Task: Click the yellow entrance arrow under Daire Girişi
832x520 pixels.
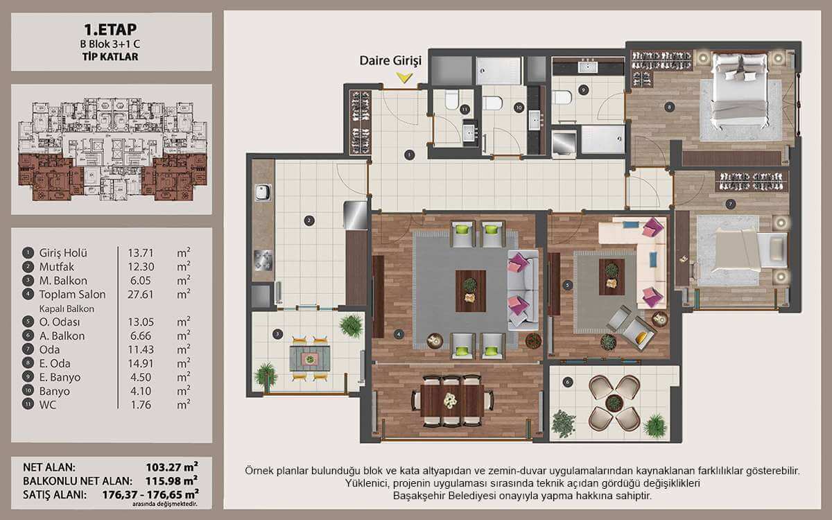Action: (x=404, y=77)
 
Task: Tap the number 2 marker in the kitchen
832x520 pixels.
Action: (x=309, y=221)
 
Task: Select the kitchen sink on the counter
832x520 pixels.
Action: (x=263, y=193)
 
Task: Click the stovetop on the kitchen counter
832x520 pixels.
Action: (x=263, y=260)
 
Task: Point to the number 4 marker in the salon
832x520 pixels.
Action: (x=399, y=334)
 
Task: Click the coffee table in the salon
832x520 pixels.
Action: (x=471, y=291)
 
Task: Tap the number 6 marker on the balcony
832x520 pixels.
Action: (x=567, y=382)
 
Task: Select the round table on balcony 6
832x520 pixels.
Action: (x=614, y=403)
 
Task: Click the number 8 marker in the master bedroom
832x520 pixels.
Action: (x=669, y=107)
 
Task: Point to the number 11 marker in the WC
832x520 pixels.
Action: (x=465, y=110)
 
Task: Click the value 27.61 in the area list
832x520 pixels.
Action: (x=140, y=295)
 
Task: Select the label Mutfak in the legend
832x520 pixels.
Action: (x=57, y=267)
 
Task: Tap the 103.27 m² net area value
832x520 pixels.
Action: (x=172, y=467)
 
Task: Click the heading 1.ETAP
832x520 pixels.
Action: (x=110, y=29)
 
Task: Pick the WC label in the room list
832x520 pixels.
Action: (x=48, y=404)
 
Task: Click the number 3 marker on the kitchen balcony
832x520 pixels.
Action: (x=277, y=334)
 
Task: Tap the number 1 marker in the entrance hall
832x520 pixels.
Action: (x=409, y=155)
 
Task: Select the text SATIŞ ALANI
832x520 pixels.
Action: (x=55, y=495)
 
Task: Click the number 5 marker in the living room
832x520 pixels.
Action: (x=567, y=285)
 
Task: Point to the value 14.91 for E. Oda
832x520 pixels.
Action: (x=140, y=363)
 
